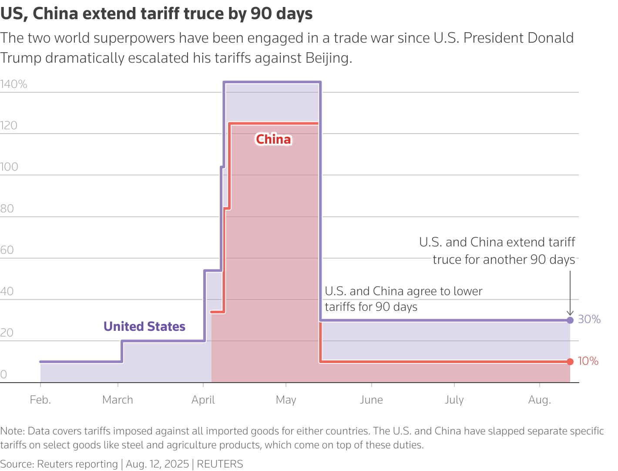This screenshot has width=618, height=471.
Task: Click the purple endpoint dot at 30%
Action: coord(570,320)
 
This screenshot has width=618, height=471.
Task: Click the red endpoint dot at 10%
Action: coord(570,361)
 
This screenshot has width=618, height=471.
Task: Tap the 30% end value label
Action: coord(589,320)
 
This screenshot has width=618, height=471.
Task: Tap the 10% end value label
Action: coord(588,361)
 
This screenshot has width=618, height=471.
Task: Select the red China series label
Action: coord(273,139)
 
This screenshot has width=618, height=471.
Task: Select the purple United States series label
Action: coord(144,326)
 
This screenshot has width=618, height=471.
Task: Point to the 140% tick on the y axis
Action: coord(13,84)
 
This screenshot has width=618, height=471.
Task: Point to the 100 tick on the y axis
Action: coord(9,167)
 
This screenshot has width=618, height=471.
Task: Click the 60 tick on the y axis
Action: coord(7,250)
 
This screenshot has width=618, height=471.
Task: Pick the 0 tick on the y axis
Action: coord(3,375)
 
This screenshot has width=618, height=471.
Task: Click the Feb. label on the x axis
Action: coord(40,400)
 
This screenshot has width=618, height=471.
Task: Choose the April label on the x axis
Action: coord(203,400)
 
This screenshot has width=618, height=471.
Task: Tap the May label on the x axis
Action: coord(286,400)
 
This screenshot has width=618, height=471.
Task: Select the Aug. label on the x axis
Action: coord(540,400)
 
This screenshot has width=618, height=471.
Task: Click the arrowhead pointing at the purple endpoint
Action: coord(570,313)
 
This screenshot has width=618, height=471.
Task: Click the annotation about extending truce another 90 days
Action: coord(497,251)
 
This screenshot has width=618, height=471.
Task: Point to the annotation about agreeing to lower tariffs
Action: coord(403,299)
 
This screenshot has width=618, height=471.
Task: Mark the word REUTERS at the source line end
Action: coord(220,464)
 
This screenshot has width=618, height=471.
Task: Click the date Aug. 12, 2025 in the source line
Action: coord(158,464)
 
